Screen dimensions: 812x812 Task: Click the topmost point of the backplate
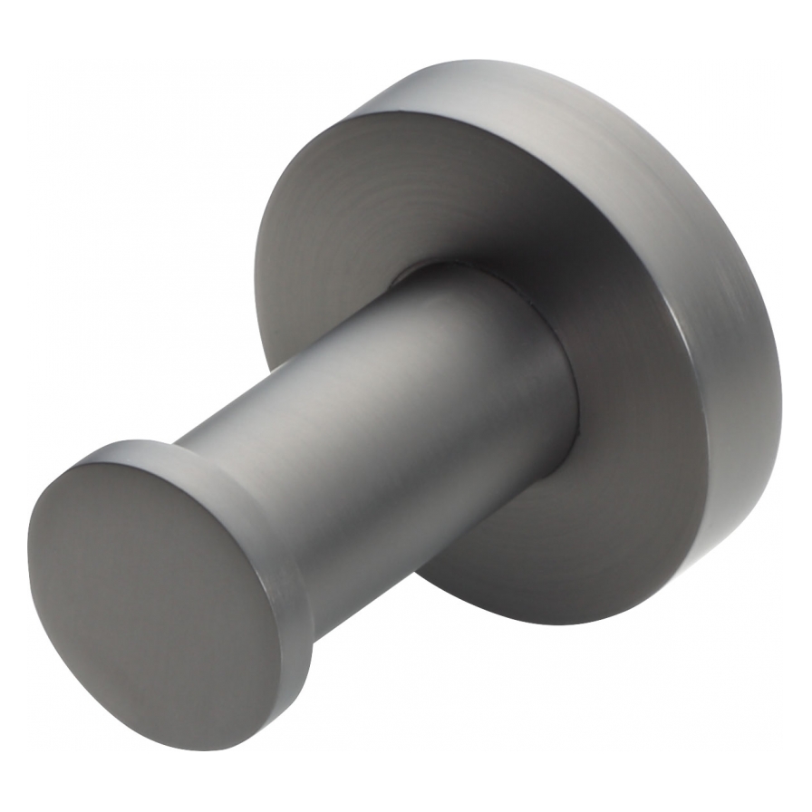point(471,61)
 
